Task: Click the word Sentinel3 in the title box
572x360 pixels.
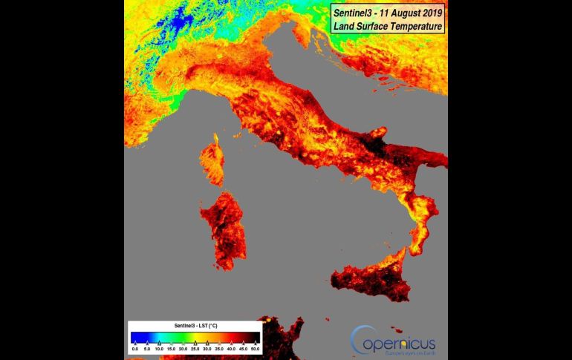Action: [x=355, y=13]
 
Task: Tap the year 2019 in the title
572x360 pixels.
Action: [x=427, y=13]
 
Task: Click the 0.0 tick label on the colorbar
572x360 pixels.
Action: [x=135, y=348]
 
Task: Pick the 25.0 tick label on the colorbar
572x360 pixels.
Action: [x=195, y=348]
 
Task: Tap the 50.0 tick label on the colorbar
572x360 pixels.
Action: [x=256, y=348]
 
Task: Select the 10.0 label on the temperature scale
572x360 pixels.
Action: [x=159, y=348]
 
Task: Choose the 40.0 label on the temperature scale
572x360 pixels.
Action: [x=231, y=348]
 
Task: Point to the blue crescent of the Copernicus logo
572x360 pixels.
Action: [x=358, y=340]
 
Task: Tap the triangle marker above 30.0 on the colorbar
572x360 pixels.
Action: [x=207, y=342]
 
